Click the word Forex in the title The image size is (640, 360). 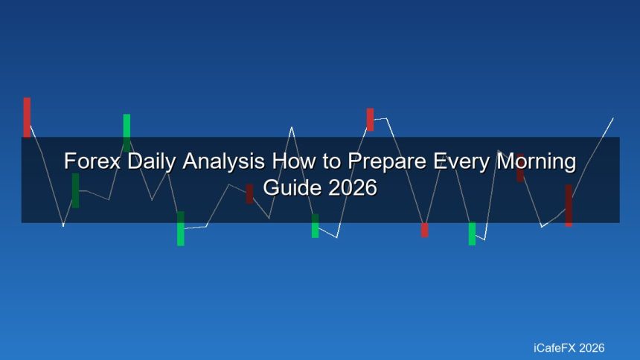pos(92,161)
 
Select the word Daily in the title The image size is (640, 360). pos(152,161)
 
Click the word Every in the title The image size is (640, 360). pos(461,161)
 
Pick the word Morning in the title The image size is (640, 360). pos(536,161)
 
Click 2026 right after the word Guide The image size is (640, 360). pos(353,187)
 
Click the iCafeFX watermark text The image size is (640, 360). pos(554,348)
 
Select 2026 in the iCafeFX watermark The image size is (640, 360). pos(592,348)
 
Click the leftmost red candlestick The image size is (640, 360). pos(27,118)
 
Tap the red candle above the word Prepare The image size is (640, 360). pos(370,120)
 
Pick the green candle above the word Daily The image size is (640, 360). pos(127,133)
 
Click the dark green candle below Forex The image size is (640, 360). pos(75,190)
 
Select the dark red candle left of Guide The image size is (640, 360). pos(249,194)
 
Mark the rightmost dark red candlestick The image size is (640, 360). pos(569,205)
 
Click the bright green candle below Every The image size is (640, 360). pos(472,234)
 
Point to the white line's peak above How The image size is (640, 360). pos(292,127)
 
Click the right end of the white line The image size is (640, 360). pos(613,118)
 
